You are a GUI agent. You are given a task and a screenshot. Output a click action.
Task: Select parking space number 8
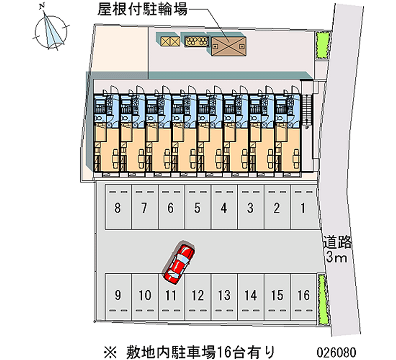click(118, 207)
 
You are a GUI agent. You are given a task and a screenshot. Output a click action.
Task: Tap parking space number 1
click(303, 207)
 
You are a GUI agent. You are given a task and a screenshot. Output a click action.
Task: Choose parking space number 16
click(303, 297)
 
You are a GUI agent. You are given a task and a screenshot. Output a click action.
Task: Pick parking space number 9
click(118, 297)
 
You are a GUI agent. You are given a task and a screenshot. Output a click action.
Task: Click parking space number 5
click(198, 207)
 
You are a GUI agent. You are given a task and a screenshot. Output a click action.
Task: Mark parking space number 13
click(224, 297)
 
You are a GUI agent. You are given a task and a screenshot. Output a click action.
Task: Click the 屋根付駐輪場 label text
click(143, 9)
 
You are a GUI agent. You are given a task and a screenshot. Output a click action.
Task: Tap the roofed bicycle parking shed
click(229, 46)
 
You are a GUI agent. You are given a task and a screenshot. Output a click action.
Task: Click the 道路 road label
click(337, 242)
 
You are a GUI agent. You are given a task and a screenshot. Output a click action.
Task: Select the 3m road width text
click(337, 257)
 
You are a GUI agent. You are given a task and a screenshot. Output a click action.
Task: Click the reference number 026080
click(337, 352)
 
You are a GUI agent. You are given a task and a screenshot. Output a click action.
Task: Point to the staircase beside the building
click(306, 109)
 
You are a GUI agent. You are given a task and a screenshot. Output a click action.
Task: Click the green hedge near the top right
click(323, 45)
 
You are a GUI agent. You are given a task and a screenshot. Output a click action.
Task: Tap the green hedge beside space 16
click(323, 300)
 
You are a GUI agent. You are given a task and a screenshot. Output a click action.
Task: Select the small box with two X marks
click(170, 42)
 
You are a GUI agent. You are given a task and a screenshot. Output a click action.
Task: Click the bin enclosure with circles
click(197, 41)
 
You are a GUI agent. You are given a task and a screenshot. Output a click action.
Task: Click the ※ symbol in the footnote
click(110, 352)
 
